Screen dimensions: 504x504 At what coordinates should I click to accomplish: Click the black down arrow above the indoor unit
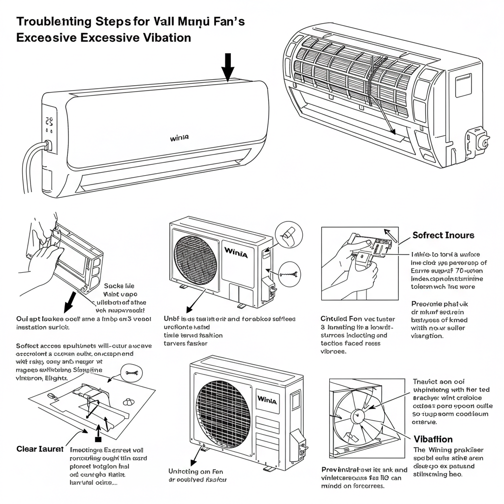coord(227,66)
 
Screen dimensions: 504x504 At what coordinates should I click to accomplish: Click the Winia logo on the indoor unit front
coord(179,138)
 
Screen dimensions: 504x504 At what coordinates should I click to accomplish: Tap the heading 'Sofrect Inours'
coord(443,235)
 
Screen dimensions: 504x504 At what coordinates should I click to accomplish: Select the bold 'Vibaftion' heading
coord(433,439)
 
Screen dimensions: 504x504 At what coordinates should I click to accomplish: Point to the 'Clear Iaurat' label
coord(40,449)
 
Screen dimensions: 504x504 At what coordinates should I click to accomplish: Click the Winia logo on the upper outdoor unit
coord(236,253)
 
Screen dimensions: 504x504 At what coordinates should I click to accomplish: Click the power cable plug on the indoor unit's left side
coord(47,146)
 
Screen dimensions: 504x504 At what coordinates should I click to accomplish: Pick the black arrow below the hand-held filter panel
coord(70,299)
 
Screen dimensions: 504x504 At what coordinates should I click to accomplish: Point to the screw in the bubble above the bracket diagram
coord(131,373)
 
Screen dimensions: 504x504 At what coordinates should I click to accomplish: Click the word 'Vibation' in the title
coord(163,37)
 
